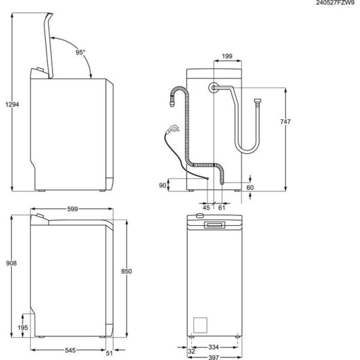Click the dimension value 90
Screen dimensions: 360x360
[x=163, y=186]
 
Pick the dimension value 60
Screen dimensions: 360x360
[x=250, y=188]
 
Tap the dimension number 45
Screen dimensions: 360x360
[x=206, y=207]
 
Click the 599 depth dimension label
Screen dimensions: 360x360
[x=73, y=209]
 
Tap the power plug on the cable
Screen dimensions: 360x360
[x=173, y=129]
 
